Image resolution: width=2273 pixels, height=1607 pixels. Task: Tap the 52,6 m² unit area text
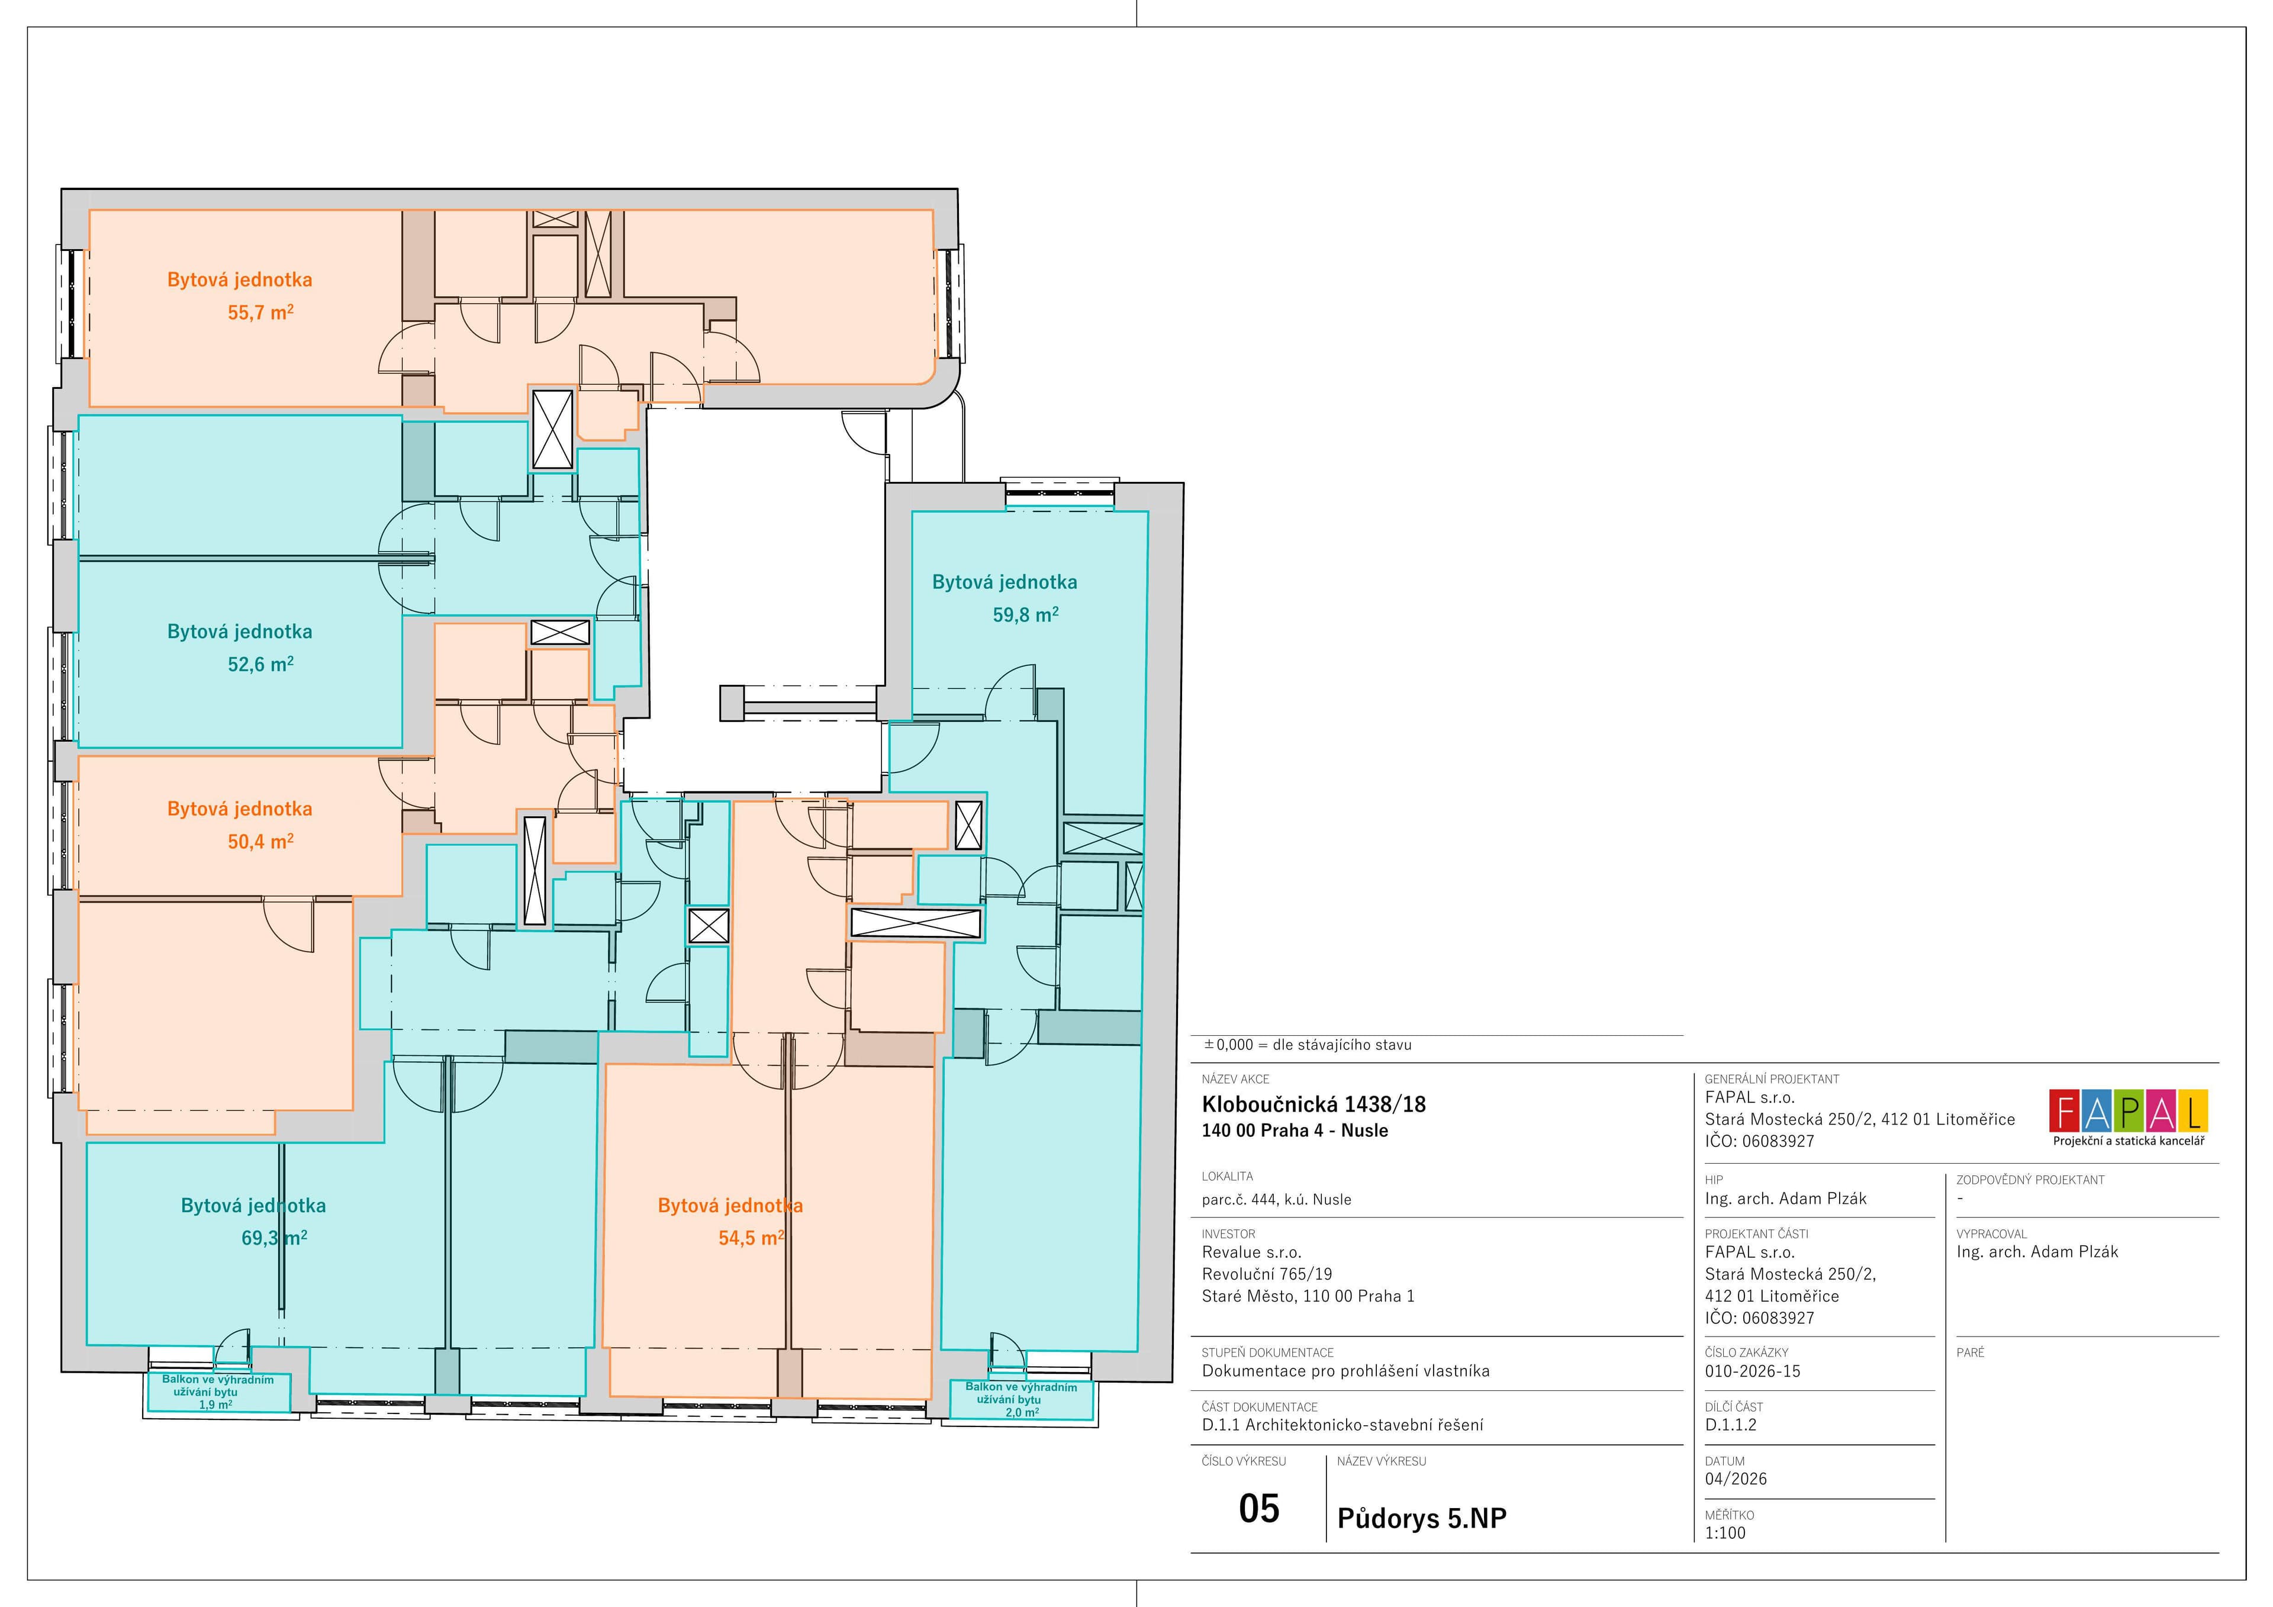260,664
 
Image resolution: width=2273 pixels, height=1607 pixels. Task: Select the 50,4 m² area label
260,842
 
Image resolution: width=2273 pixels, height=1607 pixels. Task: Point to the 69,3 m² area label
274,1238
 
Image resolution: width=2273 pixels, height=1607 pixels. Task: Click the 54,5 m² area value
751,1238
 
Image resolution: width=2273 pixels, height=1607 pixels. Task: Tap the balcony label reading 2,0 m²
1022,1412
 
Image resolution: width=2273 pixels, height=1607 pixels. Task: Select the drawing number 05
1259,1508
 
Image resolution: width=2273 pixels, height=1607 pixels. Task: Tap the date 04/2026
1736,1479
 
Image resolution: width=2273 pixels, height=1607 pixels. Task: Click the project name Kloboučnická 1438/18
1313,1104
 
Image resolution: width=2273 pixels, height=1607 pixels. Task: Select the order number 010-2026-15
1752,1371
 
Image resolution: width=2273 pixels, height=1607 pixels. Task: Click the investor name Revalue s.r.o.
1251,1252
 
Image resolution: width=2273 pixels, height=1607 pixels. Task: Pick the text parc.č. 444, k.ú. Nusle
1276,1199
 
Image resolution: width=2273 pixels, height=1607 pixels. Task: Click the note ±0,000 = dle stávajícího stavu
1307,1045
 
